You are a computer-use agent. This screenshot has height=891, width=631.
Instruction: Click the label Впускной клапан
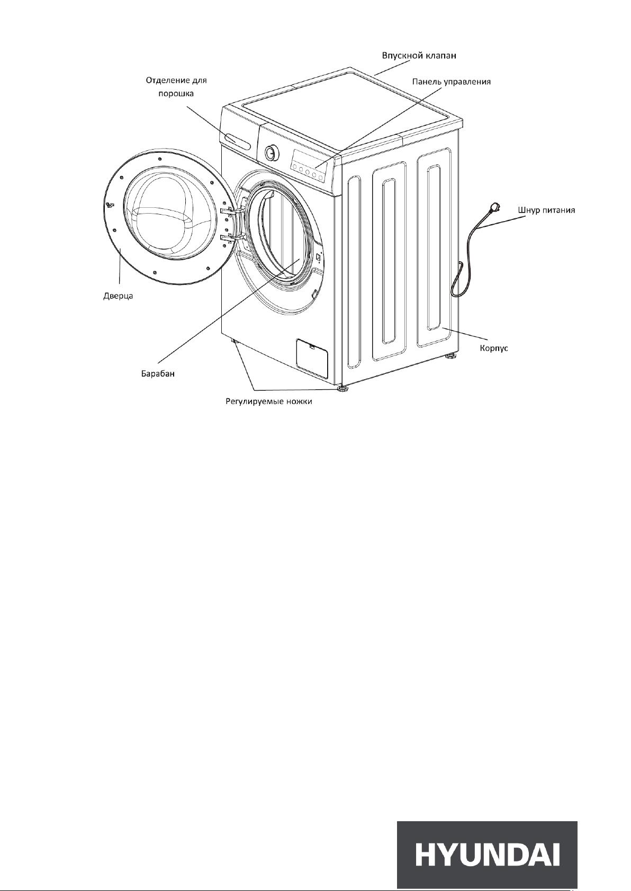[x=419, y=56]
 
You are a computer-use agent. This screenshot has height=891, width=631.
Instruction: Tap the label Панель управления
[x=452, y=81]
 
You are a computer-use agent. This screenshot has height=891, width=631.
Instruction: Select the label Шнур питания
[x=547, y=210]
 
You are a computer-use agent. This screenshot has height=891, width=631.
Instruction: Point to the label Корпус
[x=494, y=348]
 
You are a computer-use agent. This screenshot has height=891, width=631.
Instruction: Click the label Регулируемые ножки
[x=269, y=401]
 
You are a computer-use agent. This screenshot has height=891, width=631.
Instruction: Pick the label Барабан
[x=158, y=374]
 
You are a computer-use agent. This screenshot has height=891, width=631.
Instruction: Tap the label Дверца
[x=118, y=296]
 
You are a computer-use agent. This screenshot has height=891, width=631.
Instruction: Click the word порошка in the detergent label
[x=176, y=94]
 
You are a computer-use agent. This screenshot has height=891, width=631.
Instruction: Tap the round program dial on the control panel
[x=271, y=152]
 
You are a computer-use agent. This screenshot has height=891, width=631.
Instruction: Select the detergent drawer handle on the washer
[x=238, y=141]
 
